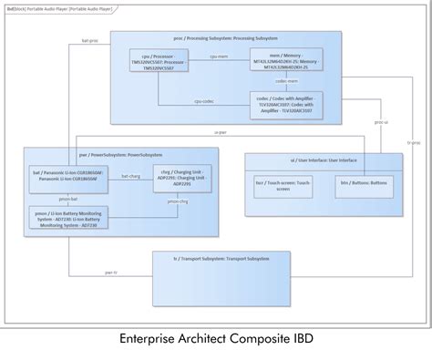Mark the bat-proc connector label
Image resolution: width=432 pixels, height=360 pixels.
click(90, 40)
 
